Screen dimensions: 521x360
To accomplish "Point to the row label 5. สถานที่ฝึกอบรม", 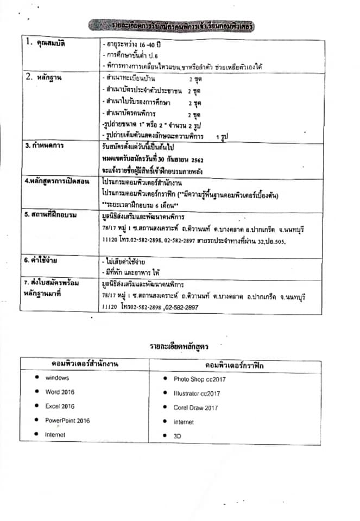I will click(x=50, y=215).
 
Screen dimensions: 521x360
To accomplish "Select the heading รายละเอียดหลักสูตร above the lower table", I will click(x=179, y=345).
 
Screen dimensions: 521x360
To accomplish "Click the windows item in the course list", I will click(x=57, y=378).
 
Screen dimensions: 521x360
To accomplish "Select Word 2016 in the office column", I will click(x=60, y=392).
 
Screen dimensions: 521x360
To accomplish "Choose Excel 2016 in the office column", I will click(x=60, y=406).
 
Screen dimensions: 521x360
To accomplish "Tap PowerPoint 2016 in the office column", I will click(x=67, y=420).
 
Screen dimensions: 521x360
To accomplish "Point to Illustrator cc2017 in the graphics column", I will click(x=197, y=393).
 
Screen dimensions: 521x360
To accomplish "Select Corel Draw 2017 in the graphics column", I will click(x=195, y=408).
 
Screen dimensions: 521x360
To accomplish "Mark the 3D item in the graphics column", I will click(x=177, y=436).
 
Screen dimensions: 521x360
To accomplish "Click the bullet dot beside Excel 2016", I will click(x=36, y=405).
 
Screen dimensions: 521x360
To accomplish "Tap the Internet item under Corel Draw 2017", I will click(x=184, y=422).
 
